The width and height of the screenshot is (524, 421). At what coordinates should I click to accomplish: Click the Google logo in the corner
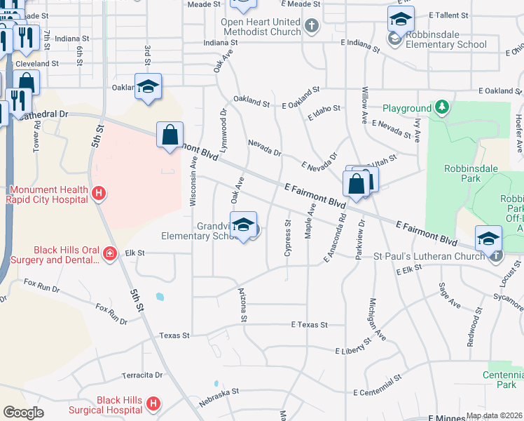coord(23,413)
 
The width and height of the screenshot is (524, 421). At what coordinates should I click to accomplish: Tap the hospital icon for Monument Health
coord(99,193)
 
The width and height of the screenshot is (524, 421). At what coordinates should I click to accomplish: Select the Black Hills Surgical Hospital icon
coord(153,404)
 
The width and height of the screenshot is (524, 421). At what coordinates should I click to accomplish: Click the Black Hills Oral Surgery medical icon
coord(109,253)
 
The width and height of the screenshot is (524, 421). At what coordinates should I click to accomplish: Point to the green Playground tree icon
coord(442,108)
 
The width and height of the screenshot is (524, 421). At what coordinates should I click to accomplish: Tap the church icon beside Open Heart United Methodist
coord(312,27)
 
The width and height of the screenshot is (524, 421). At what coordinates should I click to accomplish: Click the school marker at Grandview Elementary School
coord(243,226)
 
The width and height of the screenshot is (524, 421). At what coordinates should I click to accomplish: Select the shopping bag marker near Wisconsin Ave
coord(170,135)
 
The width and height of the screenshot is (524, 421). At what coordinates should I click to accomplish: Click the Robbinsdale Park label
coord(462,173)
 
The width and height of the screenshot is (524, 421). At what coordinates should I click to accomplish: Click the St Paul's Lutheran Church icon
coord(496,256)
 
